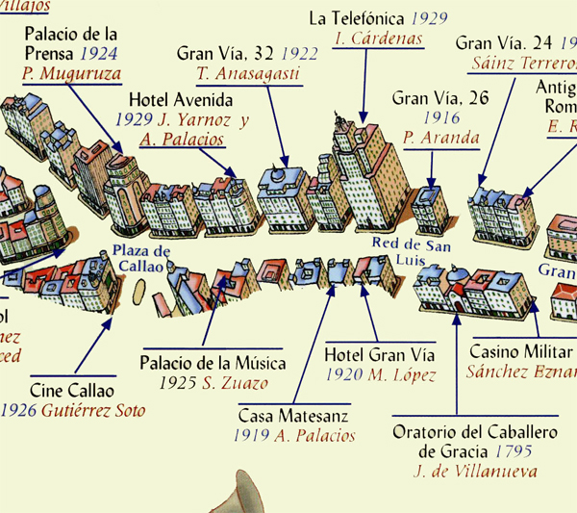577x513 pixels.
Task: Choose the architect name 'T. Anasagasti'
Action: pos(247,74)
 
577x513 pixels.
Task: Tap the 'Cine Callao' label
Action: pos(72,391)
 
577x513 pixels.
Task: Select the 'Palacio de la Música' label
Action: pos(213,363)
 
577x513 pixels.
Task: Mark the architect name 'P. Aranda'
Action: pos(441,138)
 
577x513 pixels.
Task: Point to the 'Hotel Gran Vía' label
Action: pos(380,354)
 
